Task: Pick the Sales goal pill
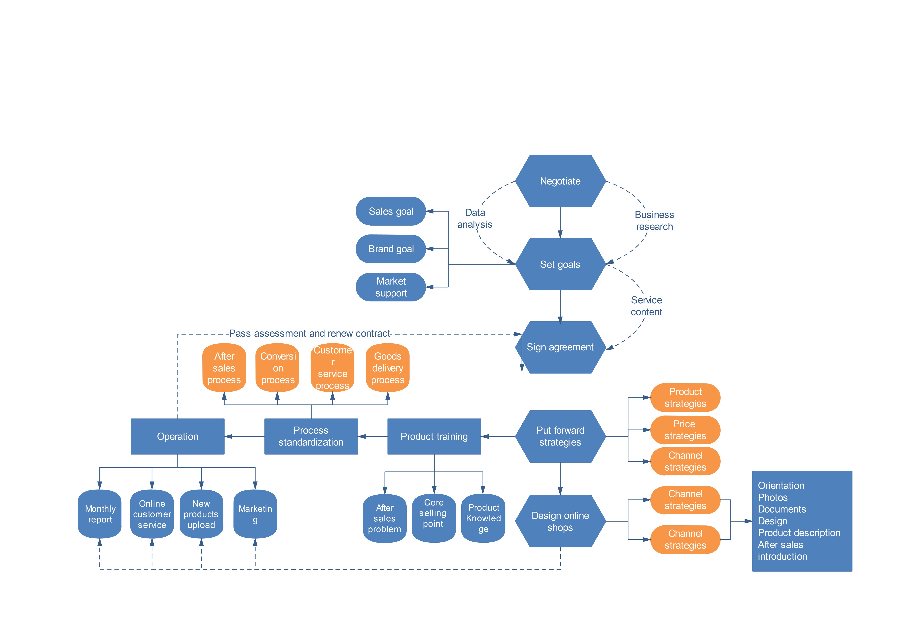[391, 211]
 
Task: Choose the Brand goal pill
[391, 249]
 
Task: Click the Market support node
[391, 287]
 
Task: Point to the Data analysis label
[475, 219]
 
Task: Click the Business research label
[654, 221]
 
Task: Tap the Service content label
[646, 306]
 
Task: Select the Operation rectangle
[178, 437]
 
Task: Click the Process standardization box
[311, 437]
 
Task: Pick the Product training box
[434, 437]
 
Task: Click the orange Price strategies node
[685, 430]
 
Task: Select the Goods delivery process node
[388, 368]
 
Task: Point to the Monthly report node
[100, 514]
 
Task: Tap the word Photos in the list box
[773, 498]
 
